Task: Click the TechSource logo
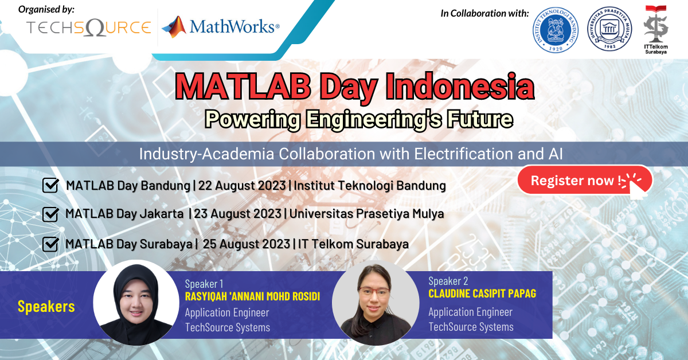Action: pos(88,28)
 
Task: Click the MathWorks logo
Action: pos(221,26)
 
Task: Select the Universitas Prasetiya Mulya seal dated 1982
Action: pos(608,30)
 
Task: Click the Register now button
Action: pos(584,181)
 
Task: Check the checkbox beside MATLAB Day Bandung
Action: pos(50,186)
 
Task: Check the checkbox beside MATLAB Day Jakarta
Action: pos(50,214)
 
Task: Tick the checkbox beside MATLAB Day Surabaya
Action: pos(50,244)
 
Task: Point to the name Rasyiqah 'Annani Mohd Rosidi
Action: pos(252,297)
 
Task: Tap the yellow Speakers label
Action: pos(46,307)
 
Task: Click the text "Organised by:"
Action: pos(46,10)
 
